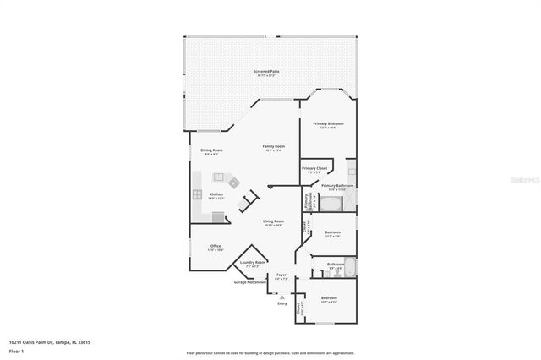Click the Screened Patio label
pyautogui.click(x=267, y=72)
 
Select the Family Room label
pyautogui.click(x=273, y=147)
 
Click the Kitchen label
pyautogui.click(x=216, y=194)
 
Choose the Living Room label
pyautogui.click(x=272, y=223)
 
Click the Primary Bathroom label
pyautogui.click(x=337, y=186)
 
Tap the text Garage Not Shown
pyautogui.click(x=250, y=282)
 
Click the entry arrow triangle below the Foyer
pyautogui.click(x=281, y=297)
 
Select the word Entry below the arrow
pyautogui.click(x=281, y=303)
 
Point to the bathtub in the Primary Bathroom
pyautogui.click(x=331, y=204)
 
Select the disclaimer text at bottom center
pyautogui.click(x=270, y=352)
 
